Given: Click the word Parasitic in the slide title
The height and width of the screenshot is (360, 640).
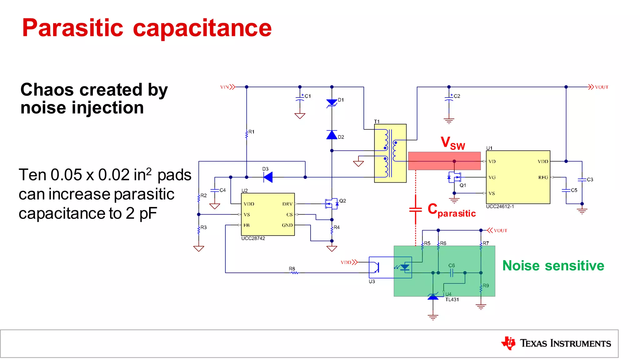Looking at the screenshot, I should point(72,28).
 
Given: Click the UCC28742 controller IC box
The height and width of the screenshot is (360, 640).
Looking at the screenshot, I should point(267,214).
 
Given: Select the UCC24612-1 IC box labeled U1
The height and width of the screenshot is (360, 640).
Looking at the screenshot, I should point(518,177).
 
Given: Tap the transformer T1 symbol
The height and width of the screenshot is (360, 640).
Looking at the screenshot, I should point(390,153).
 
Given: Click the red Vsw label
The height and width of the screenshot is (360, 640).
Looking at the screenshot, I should point(452,143).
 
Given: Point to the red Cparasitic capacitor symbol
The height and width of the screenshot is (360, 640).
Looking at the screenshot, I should point(415,210).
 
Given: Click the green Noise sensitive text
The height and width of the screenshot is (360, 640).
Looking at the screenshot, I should point(553,266).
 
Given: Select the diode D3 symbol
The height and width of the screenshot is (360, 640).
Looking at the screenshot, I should point(268,177).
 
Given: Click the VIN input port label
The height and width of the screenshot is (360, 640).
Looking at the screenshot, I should point(225,87).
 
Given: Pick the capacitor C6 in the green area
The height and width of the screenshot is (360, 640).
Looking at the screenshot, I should point(451,273).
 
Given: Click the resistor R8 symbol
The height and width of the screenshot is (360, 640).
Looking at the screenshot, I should point(294,273).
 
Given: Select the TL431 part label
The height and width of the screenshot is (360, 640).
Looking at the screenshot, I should point(452,300).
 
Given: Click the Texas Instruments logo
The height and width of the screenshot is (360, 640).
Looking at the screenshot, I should point(556,343).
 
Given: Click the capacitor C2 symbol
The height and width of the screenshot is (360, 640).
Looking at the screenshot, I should point(449,99).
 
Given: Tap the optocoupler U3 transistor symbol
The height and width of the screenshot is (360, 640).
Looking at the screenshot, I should point(376,267).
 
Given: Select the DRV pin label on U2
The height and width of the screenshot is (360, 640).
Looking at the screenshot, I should point(287,204).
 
